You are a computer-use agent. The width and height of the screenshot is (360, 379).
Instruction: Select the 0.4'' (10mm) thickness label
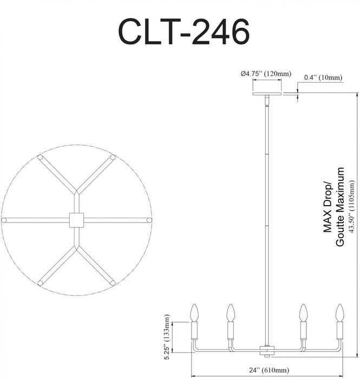323,78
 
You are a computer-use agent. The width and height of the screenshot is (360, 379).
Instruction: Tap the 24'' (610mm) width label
267,370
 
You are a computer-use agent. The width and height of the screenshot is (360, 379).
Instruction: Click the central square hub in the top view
76,220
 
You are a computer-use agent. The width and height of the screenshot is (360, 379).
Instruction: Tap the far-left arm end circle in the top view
4,220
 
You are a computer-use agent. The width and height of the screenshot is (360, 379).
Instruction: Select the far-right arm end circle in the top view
147,220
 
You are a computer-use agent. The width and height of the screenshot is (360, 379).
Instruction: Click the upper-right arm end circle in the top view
113,158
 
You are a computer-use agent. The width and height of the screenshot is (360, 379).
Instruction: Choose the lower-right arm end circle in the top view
113,283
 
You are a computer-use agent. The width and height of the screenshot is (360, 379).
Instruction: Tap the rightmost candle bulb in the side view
339,312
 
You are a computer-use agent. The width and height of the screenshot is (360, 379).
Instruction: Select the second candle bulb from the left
231,312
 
